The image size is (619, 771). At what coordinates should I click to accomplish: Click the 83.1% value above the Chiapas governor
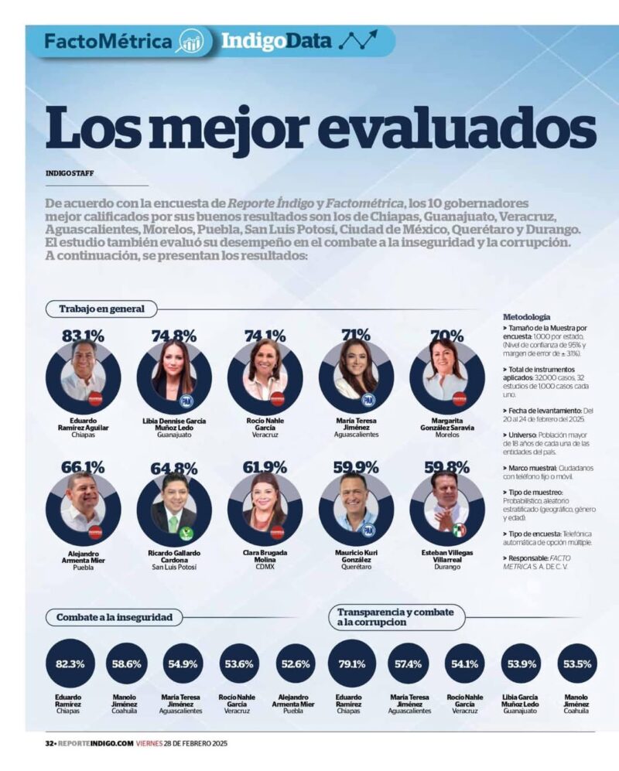[x=83, y=336]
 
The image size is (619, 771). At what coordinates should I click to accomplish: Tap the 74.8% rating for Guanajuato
[x=174, y=336]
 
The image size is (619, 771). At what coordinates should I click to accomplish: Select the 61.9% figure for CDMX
[x=265, y=468]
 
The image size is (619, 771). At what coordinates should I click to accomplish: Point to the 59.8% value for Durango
[x=446, y=468]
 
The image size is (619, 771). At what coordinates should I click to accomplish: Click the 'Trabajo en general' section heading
[x=101, y=309]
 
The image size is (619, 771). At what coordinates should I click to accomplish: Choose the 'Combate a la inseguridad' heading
[x=119, y=617]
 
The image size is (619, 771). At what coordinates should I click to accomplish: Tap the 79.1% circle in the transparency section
[x=352, y=664]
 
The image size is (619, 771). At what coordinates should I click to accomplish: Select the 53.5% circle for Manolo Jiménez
[x=578, y=664]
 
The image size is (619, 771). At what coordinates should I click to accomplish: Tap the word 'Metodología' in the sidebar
[x=527, y=317]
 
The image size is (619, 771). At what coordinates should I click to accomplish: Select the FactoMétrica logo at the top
[x=108, y=42]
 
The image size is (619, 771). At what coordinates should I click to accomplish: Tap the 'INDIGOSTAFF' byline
[x=70, y=173]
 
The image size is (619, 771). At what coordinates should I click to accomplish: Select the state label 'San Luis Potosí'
[x=174, y=567]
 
